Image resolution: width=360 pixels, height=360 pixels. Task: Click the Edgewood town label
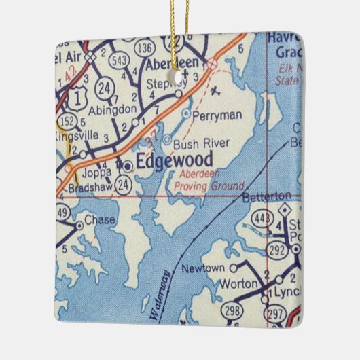pos(174,161)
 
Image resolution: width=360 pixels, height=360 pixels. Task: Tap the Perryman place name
pos(216,116)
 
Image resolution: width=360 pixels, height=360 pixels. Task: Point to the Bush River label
pos(201,143)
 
